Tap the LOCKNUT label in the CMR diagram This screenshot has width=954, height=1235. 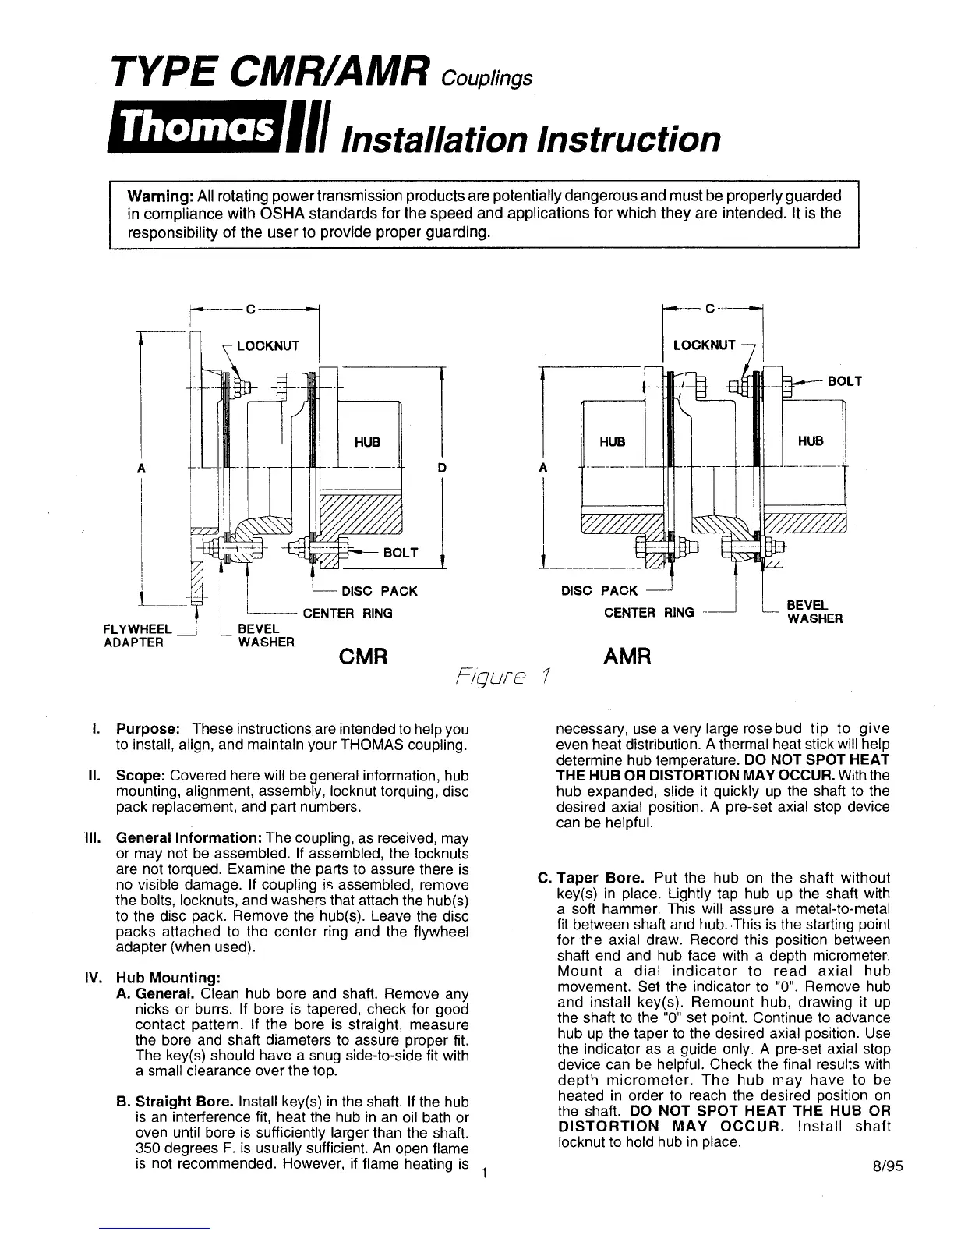click(x=267, y=345)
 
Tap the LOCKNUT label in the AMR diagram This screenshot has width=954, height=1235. click(x=705, y=345)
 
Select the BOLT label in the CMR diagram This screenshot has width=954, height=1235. click(x=401, y=553)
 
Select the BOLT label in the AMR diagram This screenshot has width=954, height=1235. click(x=845, y=381)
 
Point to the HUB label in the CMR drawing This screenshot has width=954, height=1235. click(x=367, y=442)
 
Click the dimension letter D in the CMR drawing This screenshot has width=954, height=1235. click(x=442, y=468)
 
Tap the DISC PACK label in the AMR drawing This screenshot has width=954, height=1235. click(x=599, y=591)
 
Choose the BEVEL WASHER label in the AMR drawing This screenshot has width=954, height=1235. click(x=814, y=612)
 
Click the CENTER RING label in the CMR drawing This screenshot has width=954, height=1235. click(x=347, y=613)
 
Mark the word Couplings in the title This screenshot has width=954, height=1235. click(x=486, y=79)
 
